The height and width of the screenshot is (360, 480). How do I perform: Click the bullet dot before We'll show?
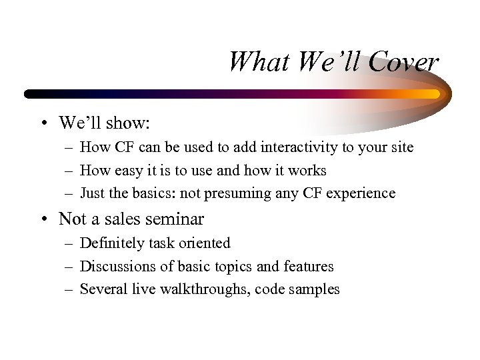[x=42, y=123]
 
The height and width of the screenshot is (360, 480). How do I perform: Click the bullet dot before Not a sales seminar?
[x=42, y=219]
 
